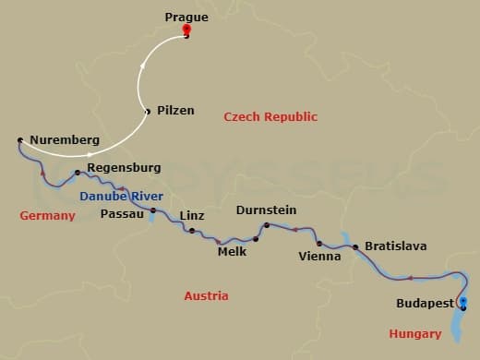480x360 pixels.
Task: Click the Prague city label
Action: coord(186,17)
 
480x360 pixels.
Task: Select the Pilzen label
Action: coord(175,110)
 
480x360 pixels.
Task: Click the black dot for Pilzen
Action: coord(148,112)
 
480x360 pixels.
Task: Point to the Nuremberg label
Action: coord(64,140)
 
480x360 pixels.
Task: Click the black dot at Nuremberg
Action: coord(19,140)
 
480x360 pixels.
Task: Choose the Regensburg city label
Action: coord(124,168)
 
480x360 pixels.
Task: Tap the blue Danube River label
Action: coord(121,197)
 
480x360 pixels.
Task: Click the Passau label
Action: coord(122,213)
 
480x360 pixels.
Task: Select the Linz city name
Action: coord(192,215)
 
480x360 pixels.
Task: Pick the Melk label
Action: coord(231,251)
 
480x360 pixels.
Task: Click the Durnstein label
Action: coord(266,210)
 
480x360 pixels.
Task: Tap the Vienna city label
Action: coord(320,257)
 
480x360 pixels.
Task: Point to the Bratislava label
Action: coord(395,246)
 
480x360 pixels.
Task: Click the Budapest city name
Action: coord(425,303)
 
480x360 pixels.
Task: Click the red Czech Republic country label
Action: coord(270,117)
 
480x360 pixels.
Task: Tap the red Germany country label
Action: coord(47,215)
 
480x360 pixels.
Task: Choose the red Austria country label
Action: coord(206,296)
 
